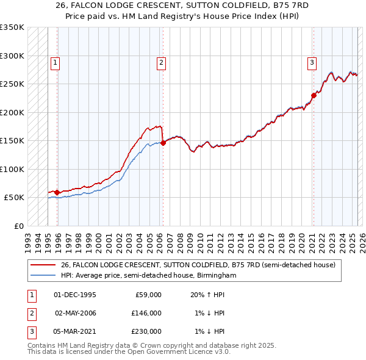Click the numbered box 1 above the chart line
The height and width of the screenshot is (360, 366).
pyautogui.click(x=55, y=62)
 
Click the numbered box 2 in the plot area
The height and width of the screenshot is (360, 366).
pyautogui.click(x=161, y=62)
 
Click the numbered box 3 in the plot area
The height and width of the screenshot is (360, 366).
pyautogui.click(x=312, y=62)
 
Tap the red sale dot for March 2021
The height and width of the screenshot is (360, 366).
pyautogui.click(x=314, y=95)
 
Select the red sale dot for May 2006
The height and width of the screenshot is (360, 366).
pyautogui.click(x=163, y=143)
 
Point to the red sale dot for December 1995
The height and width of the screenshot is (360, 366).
pyautogui.click(x=57, y=192)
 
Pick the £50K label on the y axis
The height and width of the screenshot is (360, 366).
pyautogui.click(x=14, y=198)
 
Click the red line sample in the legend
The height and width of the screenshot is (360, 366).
pyautogui.click(x=43, y=265)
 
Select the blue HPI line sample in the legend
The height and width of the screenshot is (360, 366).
pyautogui.click(x=43, y=275)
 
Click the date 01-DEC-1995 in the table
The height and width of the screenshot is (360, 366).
pyautogui.click(x=74, y=295)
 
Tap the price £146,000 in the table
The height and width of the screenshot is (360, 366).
pyautogui.click(x=146, y=313)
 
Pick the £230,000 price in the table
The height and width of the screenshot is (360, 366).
pyautogui.click(x=146, y=331)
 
